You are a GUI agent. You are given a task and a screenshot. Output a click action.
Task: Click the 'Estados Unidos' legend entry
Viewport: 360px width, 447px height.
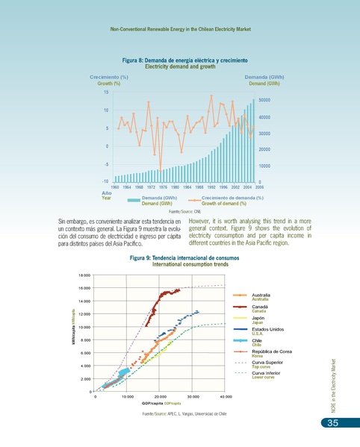tap(267, 329)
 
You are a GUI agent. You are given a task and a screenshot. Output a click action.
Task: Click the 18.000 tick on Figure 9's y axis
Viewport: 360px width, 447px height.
tap(85, 275)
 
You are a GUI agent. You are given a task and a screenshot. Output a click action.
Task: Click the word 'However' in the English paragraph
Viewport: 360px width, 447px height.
tap(201, 221)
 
